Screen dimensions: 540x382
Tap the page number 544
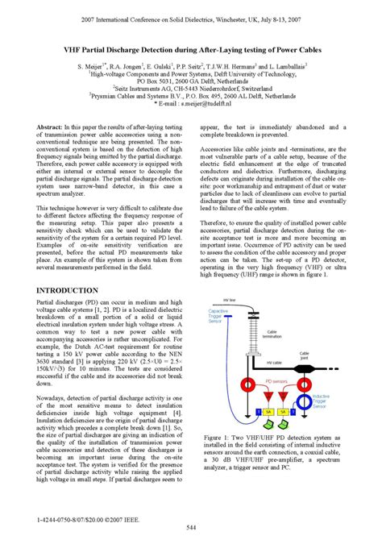tap(191, 527)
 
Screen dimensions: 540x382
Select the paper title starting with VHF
tap(191, 51)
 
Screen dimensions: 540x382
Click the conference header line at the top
tap(191, 17)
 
